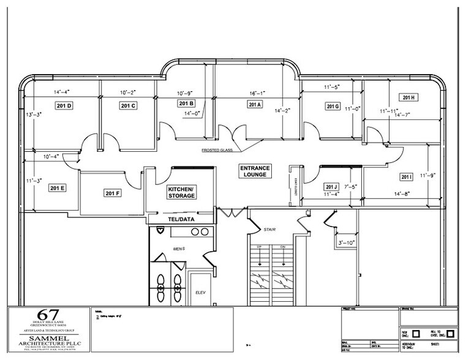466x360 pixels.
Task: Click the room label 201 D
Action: [64, 106]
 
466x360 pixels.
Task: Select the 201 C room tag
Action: [128, 106]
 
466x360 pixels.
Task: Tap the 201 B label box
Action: [187, 103]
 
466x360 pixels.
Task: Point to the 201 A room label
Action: [255, 105]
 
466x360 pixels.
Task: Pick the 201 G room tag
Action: [333, 107]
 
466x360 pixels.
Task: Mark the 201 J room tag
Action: [332, 186]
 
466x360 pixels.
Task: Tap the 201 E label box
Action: [58, 187]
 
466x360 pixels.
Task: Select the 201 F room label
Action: [113, 193]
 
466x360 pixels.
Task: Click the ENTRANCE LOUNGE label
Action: [255, 171]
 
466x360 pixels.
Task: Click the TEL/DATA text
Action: [181, 219]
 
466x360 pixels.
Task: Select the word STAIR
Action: [269, 230]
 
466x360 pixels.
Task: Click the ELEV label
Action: [200, 292]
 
